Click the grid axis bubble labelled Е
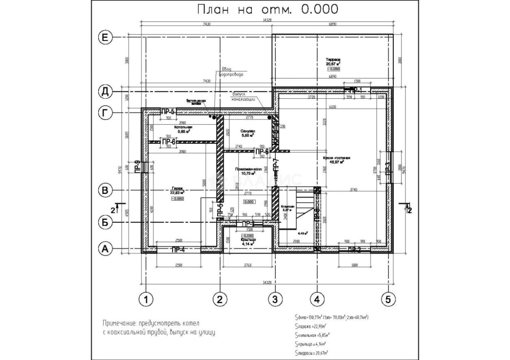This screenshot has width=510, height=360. click(x=105, y=38)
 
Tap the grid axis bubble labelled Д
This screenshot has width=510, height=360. click(x=105, y=92)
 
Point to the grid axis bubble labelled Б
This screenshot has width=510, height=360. click(x=105, y=222)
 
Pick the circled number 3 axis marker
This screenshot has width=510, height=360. click(x=275, y=300)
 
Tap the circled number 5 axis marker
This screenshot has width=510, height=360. click(x=388, y=300)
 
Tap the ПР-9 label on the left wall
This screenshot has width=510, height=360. click(x=138, y=167)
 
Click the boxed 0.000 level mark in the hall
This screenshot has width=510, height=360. click(x=249, y=202)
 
